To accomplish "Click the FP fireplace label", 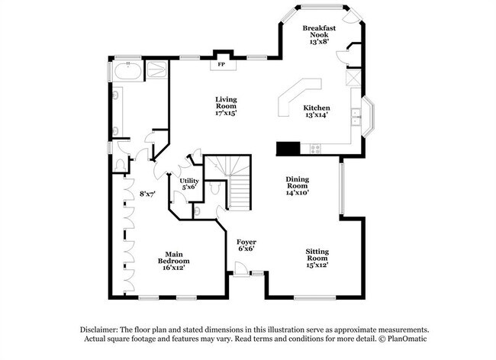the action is (x=221, y=65).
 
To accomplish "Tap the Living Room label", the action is (x=226, y=103).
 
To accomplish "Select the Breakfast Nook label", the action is (x=319, y=31).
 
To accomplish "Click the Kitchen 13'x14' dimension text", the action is (x=317, y=115).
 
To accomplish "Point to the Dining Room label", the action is (x=298, y=182).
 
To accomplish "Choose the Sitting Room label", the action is (x=317, y=255).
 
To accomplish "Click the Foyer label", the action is (x=246, y=242).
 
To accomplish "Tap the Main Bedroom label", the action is (x=174, y=258).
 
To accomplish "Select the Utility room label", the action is (x=189, y=181).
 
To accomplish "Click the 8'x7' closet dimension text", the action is (x=147, y=194).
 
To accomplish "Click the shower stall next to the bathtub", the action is (x=156, y=69).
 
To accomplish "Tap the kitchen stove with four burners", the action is (x=315, y=149).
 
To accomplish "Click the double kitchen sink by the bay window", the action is (x=356, y=117).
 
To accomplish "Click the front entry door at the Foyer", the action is (x=240, y=269).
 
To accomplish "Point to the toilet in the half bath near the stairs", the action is (x=215, y=188).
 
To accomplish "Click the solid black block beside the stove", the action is (x=288, y=148).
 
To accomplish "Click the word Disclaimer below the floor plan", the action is (x=99, y=329).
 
